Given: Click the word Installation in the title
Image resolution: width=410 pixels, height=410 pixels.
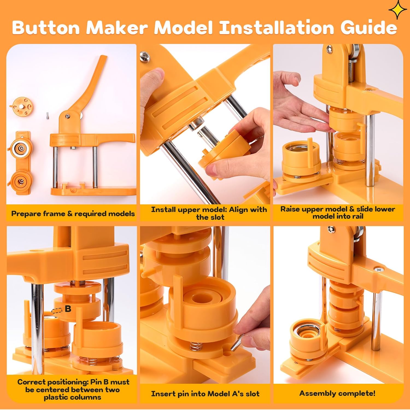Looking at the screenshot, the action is click(277, 28).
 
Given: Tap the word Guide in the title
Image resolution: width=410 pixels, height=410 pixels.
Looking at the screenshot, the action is click(368, 28).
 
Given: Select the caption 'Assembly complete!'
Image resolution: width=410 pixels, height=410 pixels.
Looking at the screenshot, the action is click(337, 393).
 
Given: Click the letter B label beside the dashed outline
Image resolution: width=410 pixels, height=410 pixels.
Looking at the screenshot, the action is click(68, 309).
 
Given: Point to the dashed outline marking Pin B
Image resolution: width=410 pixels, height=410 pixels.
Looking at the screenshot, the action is click(57, 311).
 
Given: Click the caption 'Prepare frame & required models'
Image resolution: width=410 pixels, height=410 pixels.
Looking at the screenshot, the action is click(73, 213).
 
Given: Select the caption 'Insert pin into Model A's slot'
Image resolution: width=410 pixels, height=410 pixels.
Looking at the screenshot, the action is click(205, 394).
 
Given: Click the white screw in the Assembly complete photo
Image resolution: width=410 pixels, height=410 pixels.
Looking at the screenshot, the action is click(379, 270).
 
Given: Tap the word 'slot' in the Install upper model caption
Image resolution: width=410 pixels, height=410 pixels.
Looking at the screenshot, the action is click(218, 217).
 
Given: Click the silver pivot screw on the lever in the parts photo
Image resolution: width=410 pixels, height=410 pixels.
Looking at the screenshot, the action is click(67, 117).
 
